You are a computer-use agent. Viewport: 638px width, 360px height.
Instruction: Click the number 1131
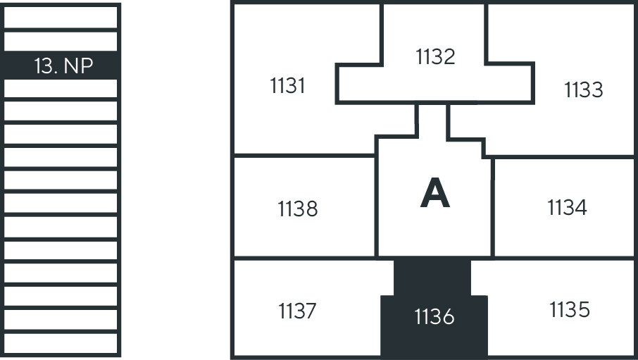click(x=287, y=86)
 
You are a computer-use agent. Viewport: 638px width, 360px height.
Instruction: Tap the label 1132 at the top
click(x=435, y=57)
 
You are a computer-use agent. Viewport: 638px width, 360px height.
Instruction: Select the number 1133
click(x=584, y=90)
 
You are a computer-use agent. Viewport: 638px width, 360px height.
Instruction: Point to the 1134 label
click(x=567, y=208)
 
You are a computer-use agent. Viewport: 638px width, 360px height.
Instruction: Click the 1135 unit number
click(x=569, y=309)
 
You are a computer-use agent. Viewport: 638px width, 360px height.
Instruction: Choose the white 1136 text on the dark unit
click(x=434, y=318)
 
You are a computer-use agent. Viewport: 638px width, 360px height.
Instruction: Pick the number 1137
click(x=296, y=311)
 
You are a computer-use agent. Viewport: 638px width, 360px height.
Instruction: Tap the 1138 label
click(x=298, y=209)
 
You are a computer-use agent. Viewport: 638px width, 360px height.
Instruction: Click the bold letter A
click(x=434, y=194)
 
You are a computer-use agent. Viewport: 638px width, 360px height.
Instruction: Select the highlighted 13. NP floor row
click(x=61, y=66)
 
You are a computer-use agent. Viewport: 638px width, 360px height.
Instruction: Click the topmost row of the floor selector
click(x=61, y=16)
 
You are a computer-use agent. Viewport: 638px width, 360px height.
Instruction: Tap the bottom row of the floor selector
click(x=61, y=344)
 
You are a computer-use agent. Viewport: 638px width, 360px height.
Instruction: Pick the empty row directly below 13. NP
click(x=61, y=89)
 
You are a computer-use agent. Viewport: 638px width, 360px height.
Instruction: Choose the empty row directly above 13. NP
click(x=61, y=41)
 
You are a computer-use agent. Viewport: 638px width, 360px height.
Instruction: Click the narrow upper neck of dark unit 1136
click(x=432, y=276)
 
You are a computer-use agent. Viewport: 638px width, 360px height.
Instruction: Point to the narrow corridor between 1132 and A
click(x=432, y=120)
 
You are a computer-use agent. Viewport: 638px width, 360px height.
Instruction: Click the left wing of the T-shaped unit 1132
click(x=359, y=83)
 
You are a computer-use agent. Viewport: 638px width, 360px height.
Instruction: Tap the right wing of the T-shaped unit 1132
click(x=508, y=83)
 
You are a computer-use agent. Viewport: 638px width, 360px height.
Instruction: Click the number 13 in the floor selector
click(x=44, y=66)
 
